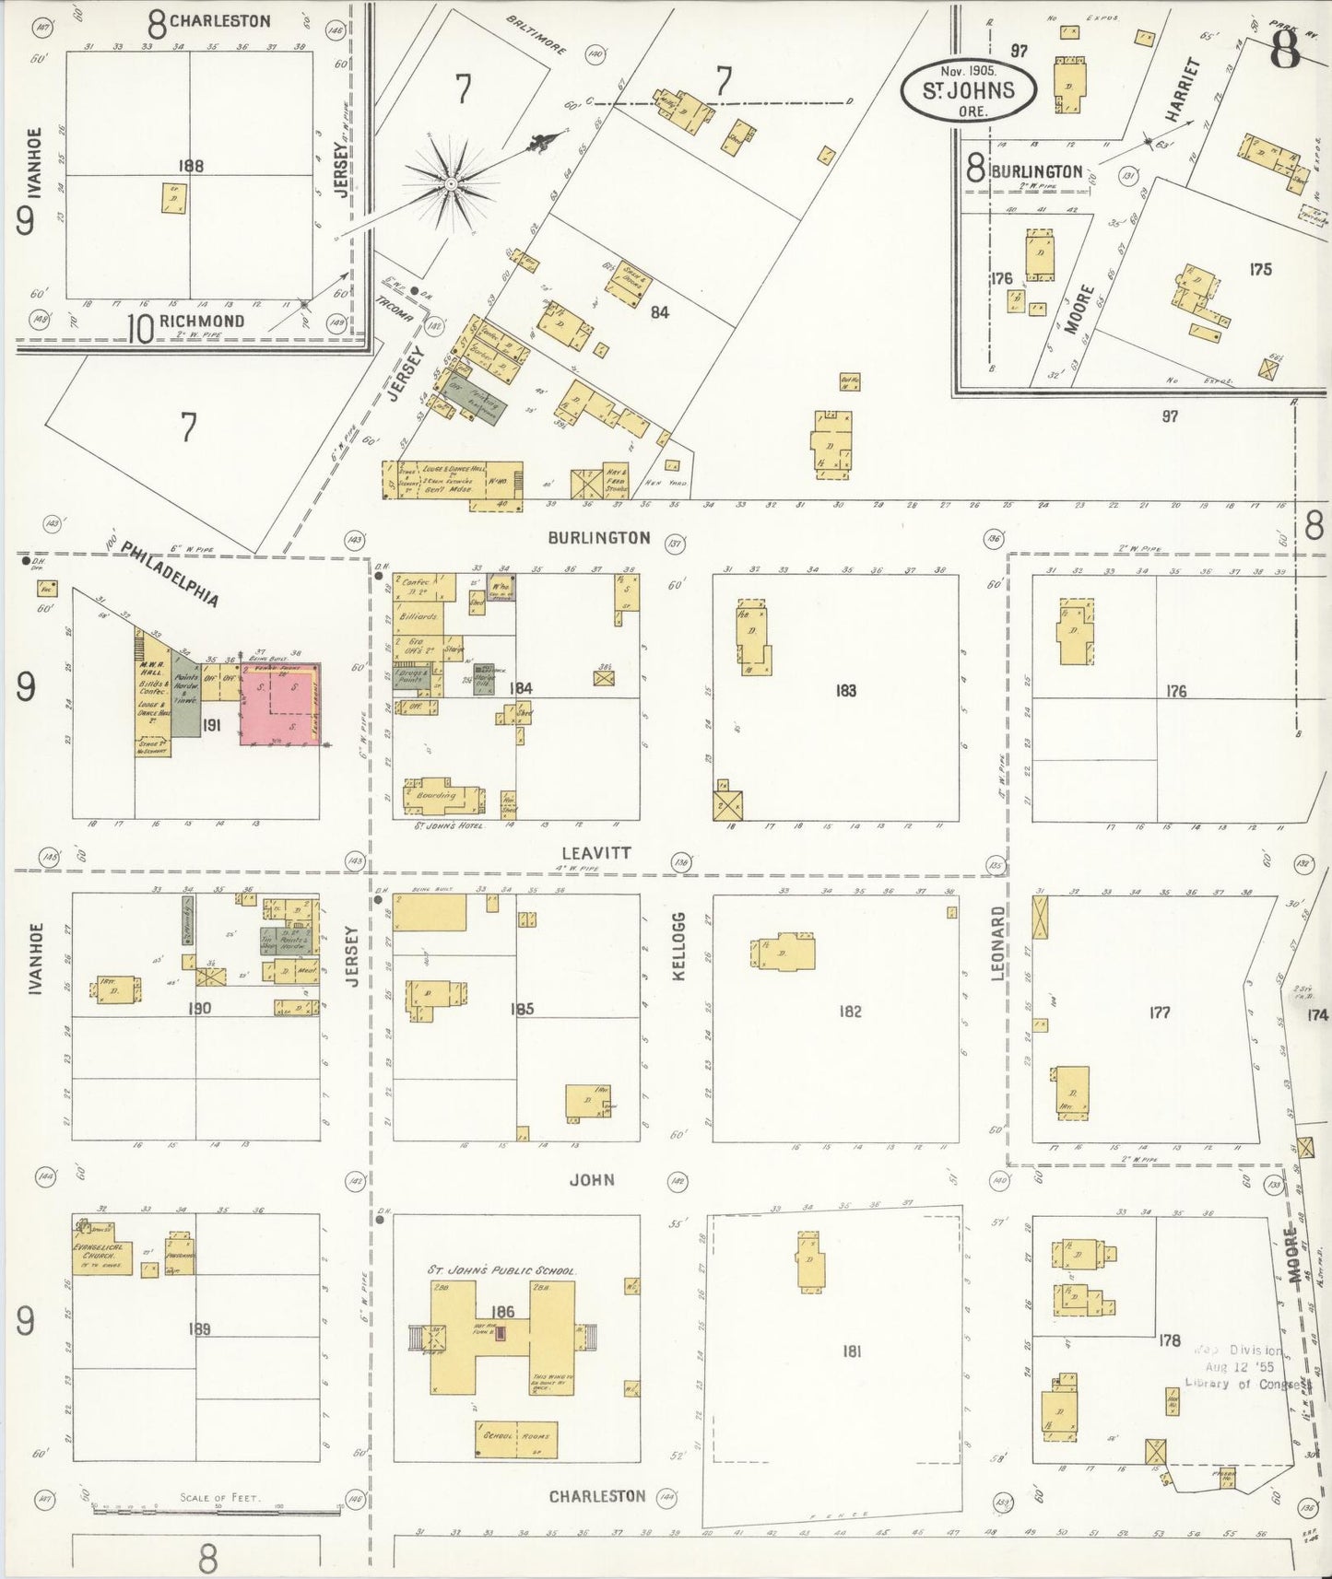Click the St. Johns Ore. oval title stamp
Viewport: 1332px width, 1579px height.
coord(969,89)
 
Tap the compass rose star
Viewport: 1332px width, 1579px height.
coord(451,183)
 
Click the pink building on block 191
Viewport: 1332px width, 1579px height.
coord(280,703)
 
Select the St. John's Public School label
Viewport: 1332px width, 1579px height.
coord(502,1269)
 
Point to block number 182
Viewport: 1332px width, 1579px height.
coord(849,1012)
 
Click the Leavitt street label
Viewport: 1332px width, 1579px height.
coord(596,853)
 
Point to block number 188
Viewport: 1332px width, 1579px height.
coord(193,167)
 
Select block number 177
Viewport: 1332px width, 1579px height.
coord(1159,1012)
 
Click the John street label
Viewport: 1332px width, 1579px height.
coord(592,1179)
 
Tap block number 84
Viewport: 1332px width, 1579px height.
coord(658,312)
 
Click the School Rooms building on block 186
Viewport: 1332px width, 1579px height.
coord(516,1436)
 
